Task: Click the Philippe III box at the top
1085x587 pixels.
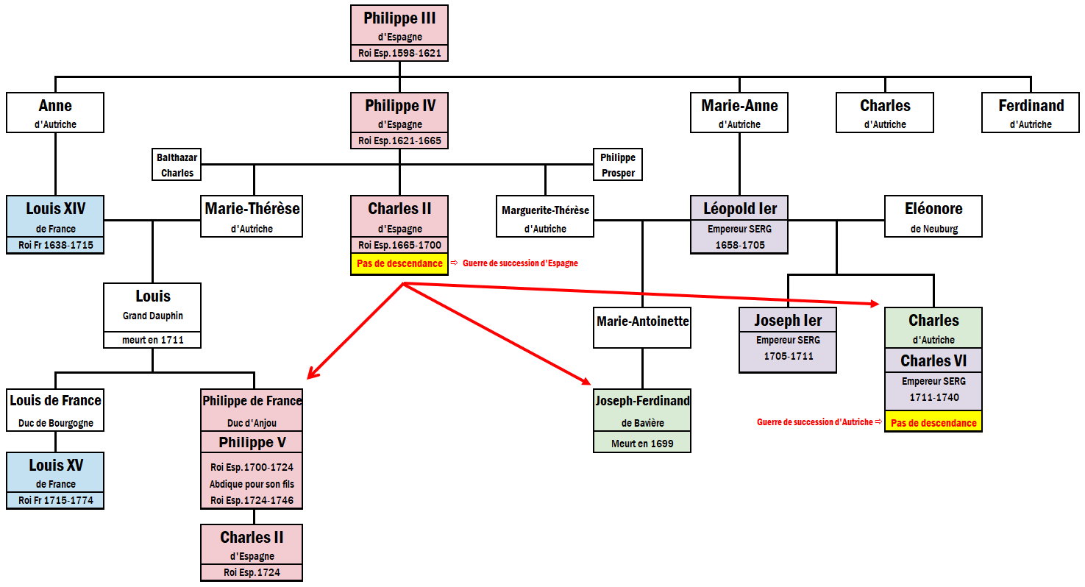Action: pyautogui.click(x=399, y=33)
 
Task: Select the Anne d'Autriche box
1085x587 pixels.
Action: pyautogui.click(x=55, y=113)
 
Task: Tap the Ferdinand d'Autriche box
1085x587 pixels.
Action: pyautogui.click(x=1031, y=113)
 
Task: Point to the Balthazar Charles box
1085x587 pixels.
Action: pyautogui.click(x=176, y=165)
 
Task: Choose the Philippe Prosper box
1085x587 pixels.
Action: pyautogui.click(x=617, y=165)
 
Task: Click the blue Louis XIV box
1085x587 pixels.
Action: pyautogui.click(x=55, y=224)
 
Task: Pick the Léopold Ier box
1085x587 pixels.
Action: pyautogui.click(x=739, y=224)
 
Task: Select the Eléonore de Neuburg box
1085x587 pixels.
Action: pyautogui.click(x=933, y=216)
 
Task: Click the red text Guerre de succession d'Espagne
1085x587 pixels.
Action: pyautogui.click(x=520, y=263)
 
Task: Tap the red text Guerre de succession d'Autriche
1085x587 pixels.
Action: pyautogui.click(x=814, y=422)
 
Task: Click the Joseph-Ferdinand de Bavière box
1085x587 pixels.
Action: pyautogui.click(x=642, y=420)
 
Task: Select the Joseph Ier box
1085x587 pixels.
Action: pyautogui.click(x=788, y=339)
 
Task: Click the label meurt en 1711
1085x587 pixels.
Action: pyautogui.click(x=152, y=340)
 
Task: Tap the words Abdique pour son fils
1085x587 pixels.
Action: pyautogui.click(x=252, y=484)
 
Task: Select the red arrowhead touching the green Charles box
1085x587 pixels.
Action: pyautogui.click(x=875, y=303)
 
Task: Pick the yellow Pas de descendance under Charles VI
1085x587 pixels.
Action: pyautogui.click(x=933, y=423)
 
